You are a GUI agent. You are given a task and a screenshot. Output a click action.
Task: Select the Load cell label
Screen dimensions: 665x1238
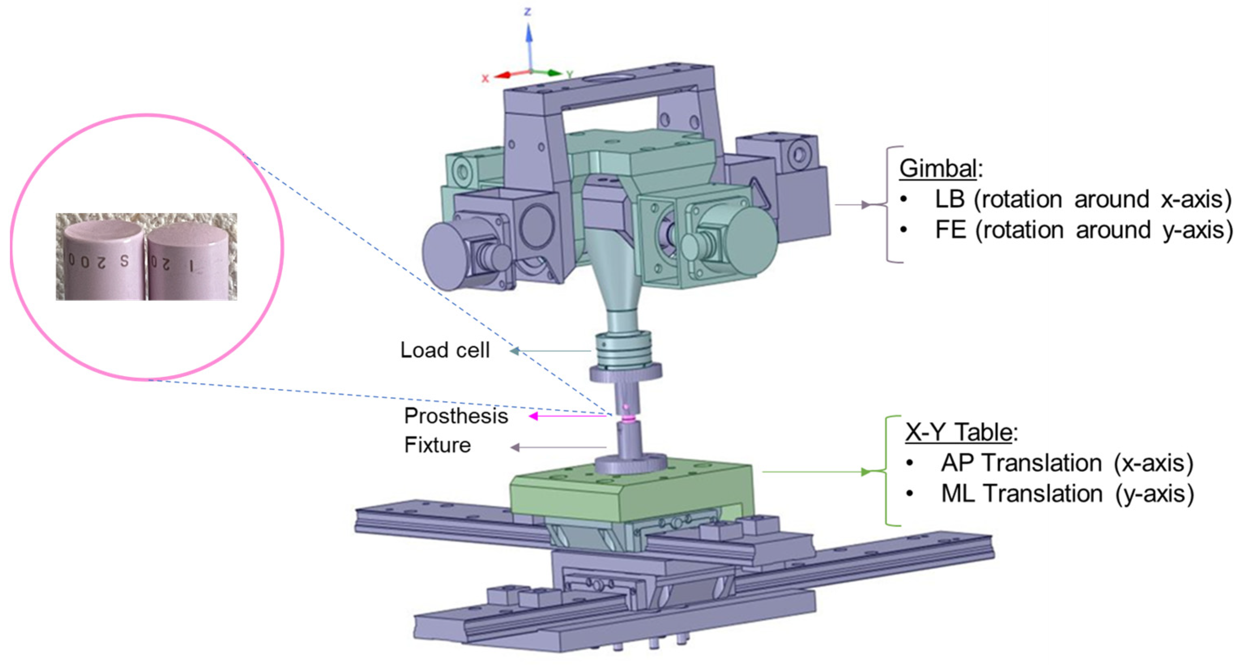(x=445, y=350)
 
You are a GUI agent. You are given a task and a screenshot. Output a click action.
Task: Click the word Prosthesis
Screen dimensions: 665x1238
(x=456, y=416)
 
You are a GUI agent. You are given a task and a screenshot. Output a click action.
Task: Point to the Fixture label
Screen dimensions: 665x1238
(x=437, y=445)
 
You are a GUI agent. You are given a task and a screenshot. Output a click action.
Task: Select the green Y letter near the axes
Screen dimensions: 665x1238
(x=569, y=75)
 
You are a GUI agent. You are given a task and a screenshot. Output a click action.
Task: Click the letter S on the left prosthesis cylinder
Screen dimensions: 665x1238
(x=124, y=261)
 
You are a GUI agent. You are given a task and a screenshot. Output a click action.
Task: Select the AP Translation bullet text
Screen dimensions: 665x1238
(x=1067, y=463)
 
